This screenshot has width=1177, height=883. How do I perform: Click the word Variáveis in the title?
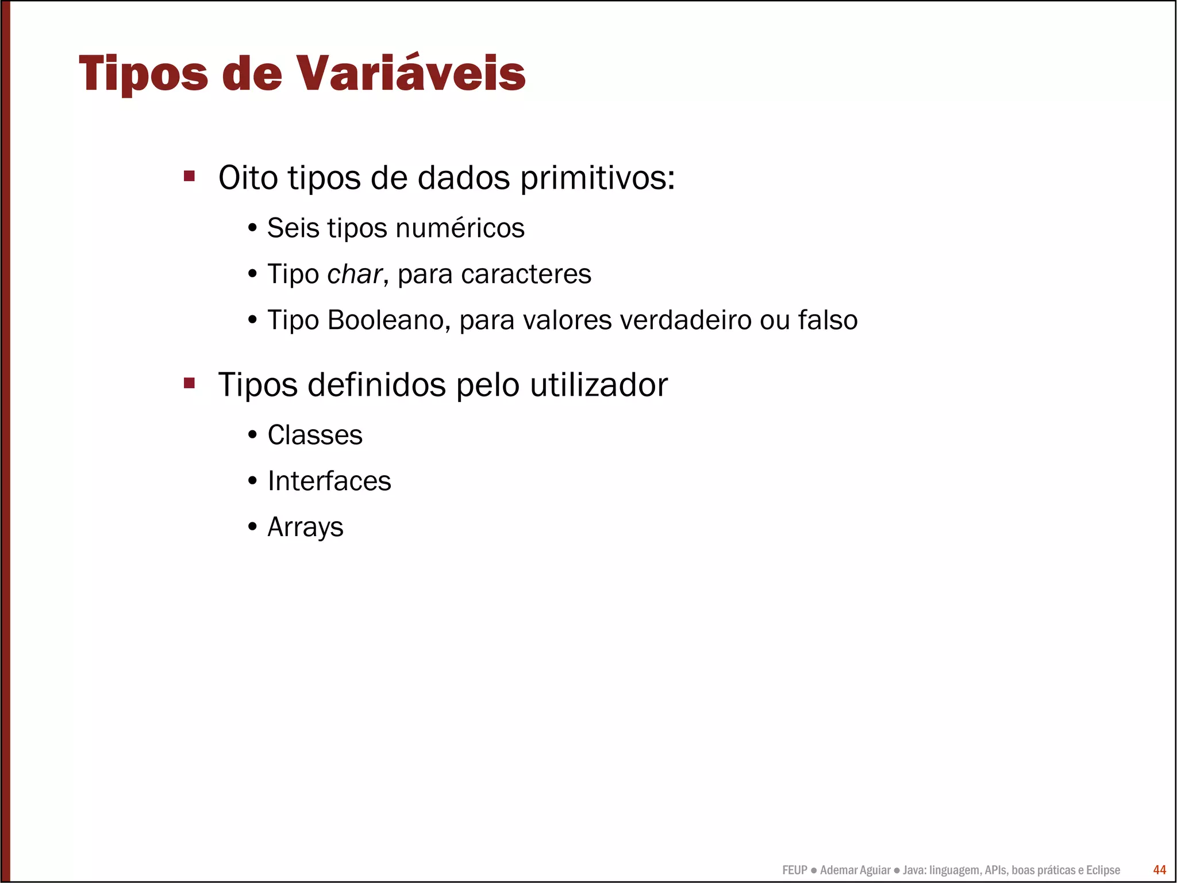(411, 74)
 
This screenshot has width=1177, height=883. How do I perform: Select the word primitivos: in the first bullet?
(598, 178)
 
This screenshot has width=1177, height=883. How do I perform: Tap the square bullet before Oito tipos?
(190, 175)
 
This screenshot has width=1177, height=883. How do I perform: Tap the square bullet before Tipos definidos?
(190, 383)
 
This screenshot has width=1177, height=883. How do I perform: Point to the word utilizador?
(599, 385)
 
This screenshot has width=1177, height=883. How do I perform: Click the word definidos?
(377, 385)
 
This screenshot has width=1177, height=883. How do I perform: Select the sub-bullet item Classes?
(315, 435)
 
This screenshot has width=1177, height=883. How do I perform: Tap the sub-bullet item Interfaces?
(329, 481)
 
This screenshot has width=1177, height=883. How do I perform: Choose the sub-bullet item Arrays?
(305, 527)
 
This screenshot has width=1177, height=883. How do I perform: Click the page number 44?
(1159, 870)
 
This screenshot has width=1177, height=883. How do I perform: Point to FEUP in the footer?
(795, 870)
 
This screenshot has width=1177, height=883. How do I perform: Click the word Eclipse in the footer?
(1103, 870)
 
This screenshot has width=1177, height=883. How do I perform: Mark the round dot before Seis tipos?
(252, 228)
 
